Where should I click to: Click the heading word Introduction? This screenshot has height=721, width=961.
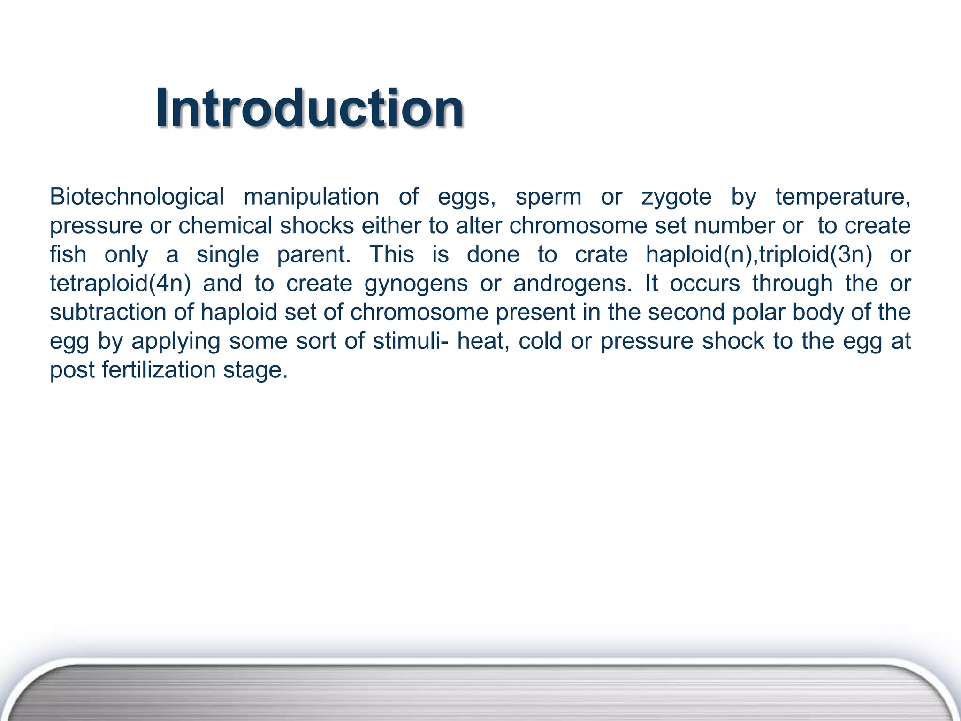(x=310, y=109)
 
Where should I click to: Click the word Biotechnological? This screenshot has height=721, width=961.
(x=137, y=197)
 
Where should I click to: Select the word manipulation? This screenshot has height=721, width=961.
(x=311, y=197)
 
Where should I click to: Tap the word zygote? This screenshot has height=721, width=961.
(x=676, y=197)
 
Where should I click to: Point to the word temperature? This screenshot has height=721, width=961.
(x=842, y=197)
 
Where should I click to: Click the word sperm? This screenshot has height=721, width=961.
(x=548, y=197)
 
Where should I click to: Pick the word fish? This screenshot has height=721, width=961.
(x=68, y=255)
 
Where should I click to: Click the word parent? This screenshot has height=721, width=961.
(x=313, y=255)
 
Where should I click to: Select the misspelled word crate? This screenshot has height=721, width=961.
(x=601, y=255)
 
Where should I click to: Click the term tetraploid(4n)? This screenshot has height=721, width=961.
(x=121, y=284)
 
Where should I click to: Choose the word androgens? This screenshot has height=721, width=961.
(x=572, y=284)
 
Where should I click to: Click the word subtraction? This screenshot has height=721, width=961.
(x=108, y=313)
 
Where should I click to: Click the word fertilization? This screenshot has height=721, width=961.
(x=158, y=370)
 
